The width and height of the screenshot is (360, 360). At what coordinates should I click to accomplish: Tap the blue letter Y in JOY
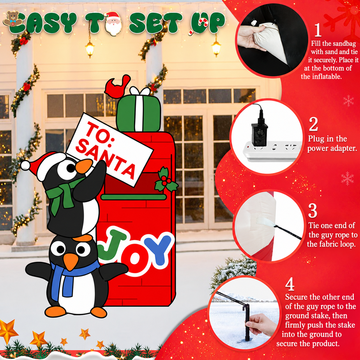157,250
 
